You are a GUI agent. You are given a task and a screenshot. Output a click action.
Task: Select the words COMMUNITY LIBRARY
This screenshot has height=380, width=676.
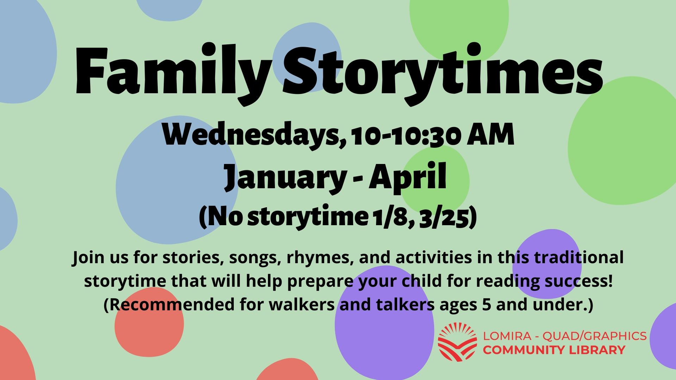(x=554, y=350)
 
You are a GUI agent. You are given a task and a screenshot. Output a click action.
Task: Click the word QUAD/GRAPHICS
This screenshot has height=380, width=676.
(x=594, y=336)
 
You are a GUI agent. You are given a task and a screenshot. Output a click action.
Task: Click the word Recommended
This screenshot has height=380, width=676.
(x=173, y=305)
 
